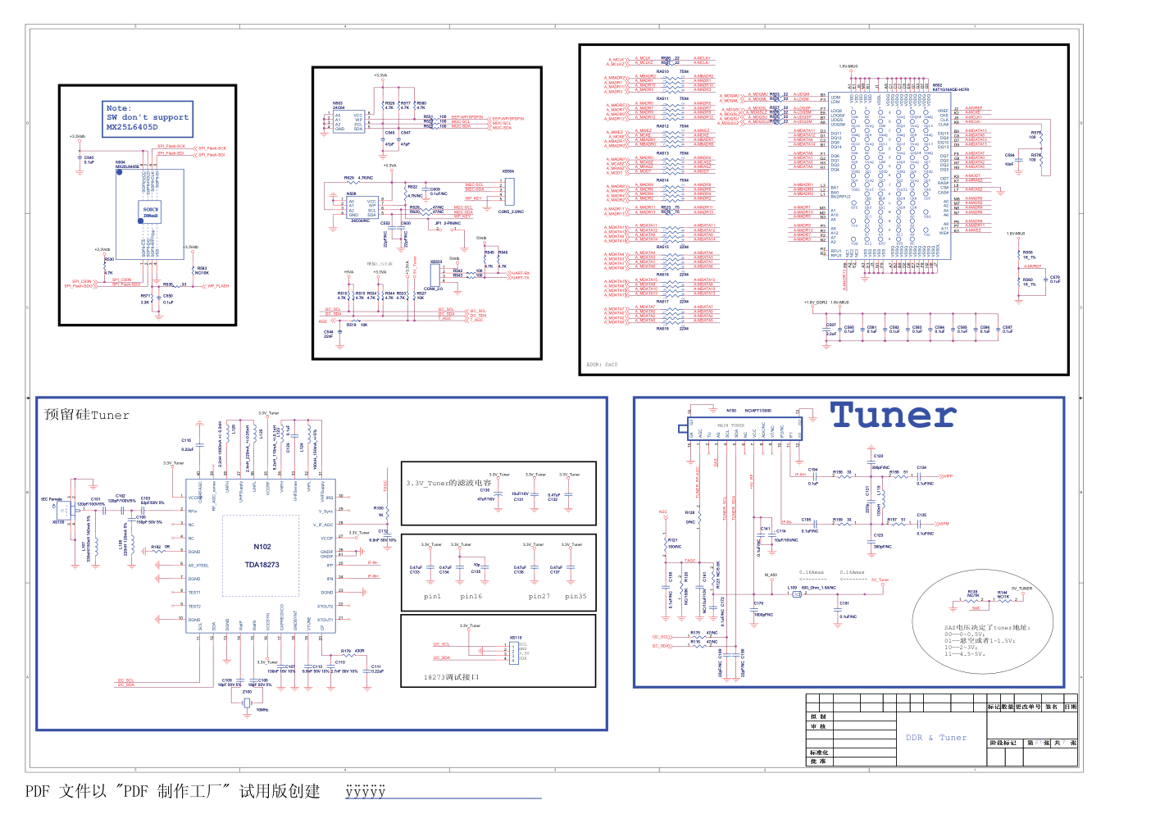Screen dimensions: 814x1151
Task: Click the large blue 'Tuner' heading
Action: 894,416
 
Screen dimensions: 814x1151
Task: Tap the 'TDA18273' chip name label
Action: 262,565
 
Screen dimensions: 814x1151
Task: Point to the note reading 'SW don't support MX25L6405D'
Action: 148,117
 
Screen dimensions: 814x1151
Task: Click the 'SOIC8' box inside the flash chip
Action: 151,212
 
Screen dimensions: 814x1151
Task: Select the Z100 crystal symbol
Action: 247,703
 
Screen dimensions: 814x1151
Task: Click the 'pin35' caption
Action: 575,597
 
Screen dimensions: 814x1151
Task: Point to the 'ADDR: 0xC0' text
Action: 602,365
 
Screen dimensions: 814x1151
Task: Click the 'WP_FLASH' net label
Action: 218,286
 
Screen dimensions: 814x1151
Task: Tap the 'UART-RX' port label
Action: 521,273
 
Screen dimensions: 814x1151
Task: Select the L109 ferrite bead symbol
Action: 796,594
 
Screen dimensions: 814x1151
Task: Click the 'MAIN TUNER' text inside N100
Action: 730,425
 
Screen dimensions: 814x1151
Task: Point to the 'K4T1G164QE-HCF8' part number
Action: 950,90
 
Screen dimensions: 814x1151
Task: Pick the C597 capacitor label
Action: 831,325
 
